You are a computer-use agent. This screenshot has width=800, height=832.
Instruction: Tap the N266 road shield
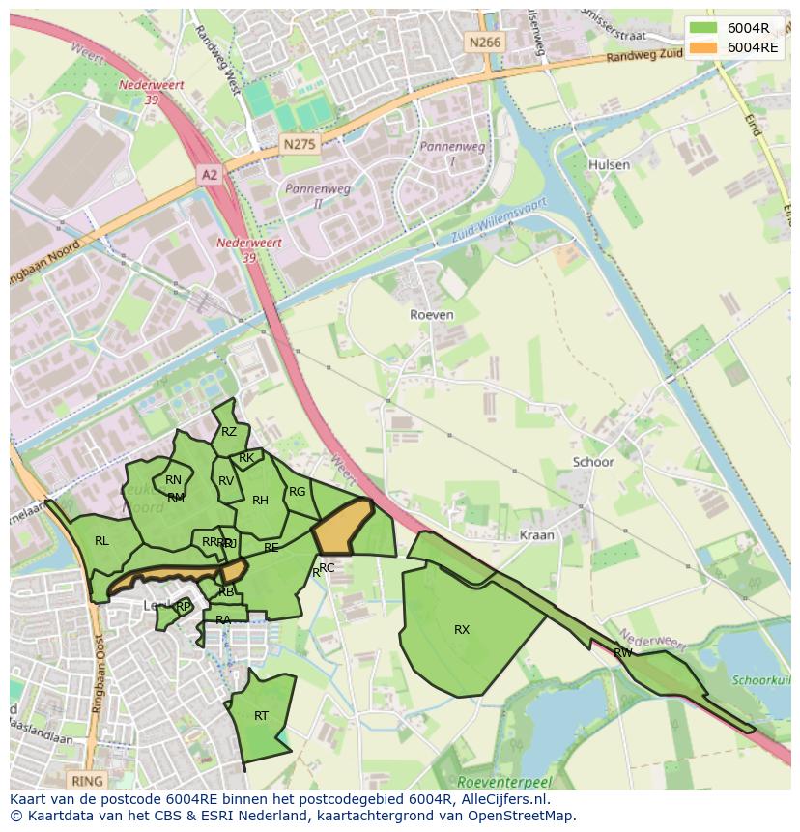point(483,42)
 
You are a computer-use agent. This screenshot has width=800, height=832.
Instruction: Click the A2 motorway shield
point(209,174)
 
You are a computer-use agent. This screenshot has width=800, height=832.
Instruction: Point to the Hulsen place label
point(609,164)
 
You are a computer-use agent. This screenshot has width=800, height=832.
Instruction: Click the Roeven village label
point(431,315)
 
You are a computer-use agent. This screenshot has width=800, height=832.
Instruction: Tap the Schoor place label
point(592,462)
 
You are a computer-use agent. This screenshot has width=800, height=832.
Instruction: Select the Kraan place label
point(536,534)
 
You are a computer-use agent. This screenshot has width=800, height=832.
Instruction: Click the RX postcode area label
point(462,630)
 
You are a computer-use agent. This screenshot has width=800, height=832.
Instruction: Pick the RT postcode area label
point(261,716)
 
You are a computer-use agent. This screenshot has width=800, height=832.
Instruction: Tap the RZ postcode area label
point(229,432)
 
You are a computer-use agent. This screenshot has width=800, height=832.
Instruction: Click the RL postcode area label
point(101,541)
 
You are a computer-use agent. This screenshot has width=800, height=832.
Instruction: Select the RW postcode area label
point(623,653)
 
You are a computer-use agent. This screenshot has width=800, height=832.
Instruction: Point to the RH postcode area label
point(260,501)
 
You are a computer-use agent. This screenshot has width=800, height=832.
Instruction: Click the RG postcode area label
point(297,492)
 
